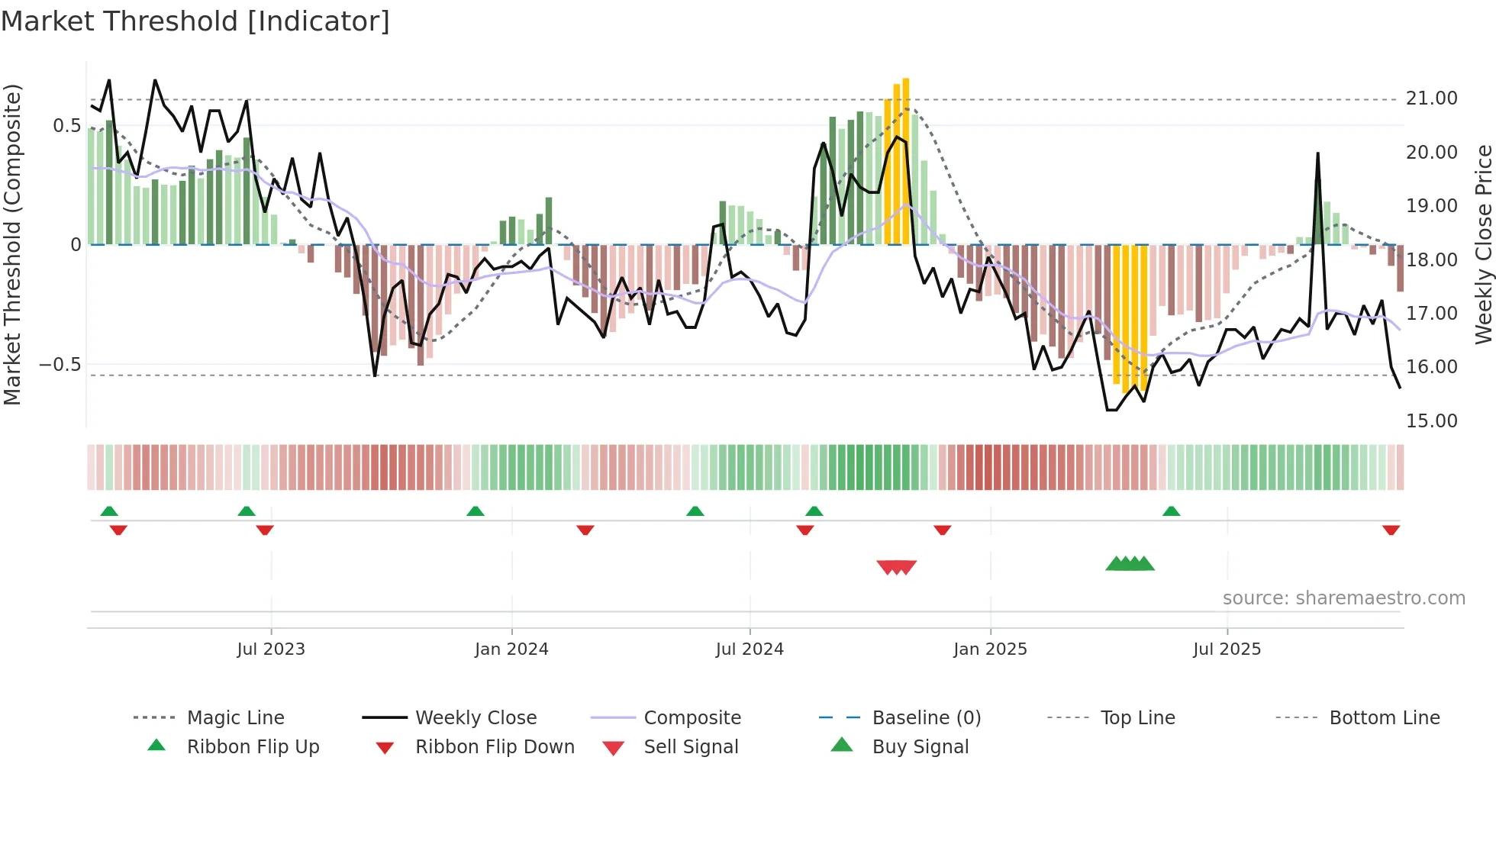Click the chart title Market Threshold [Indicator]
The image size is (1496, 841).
[195, 21]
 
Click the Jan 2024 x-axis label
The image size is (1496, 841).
[511, 649]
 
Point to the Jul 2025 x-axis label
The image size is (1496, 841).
[1227, 649]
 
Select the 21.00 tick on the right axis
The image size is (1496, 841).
[1431, 98]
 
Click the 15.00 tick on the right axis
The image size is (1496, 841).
[1431, 421]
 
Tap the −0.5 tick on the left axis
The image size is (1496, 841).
[60, 365]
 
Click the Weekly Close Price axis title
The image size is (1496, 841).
[1483, 244]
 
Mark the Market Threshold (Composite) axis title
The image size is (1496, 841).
[12, 244]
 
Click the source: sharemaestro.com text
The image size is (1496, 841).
[1343, 598]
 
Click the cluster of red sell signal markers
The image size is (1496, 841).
[896, 567]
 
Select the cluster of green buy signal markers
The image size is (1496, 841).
[1130, 564]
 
